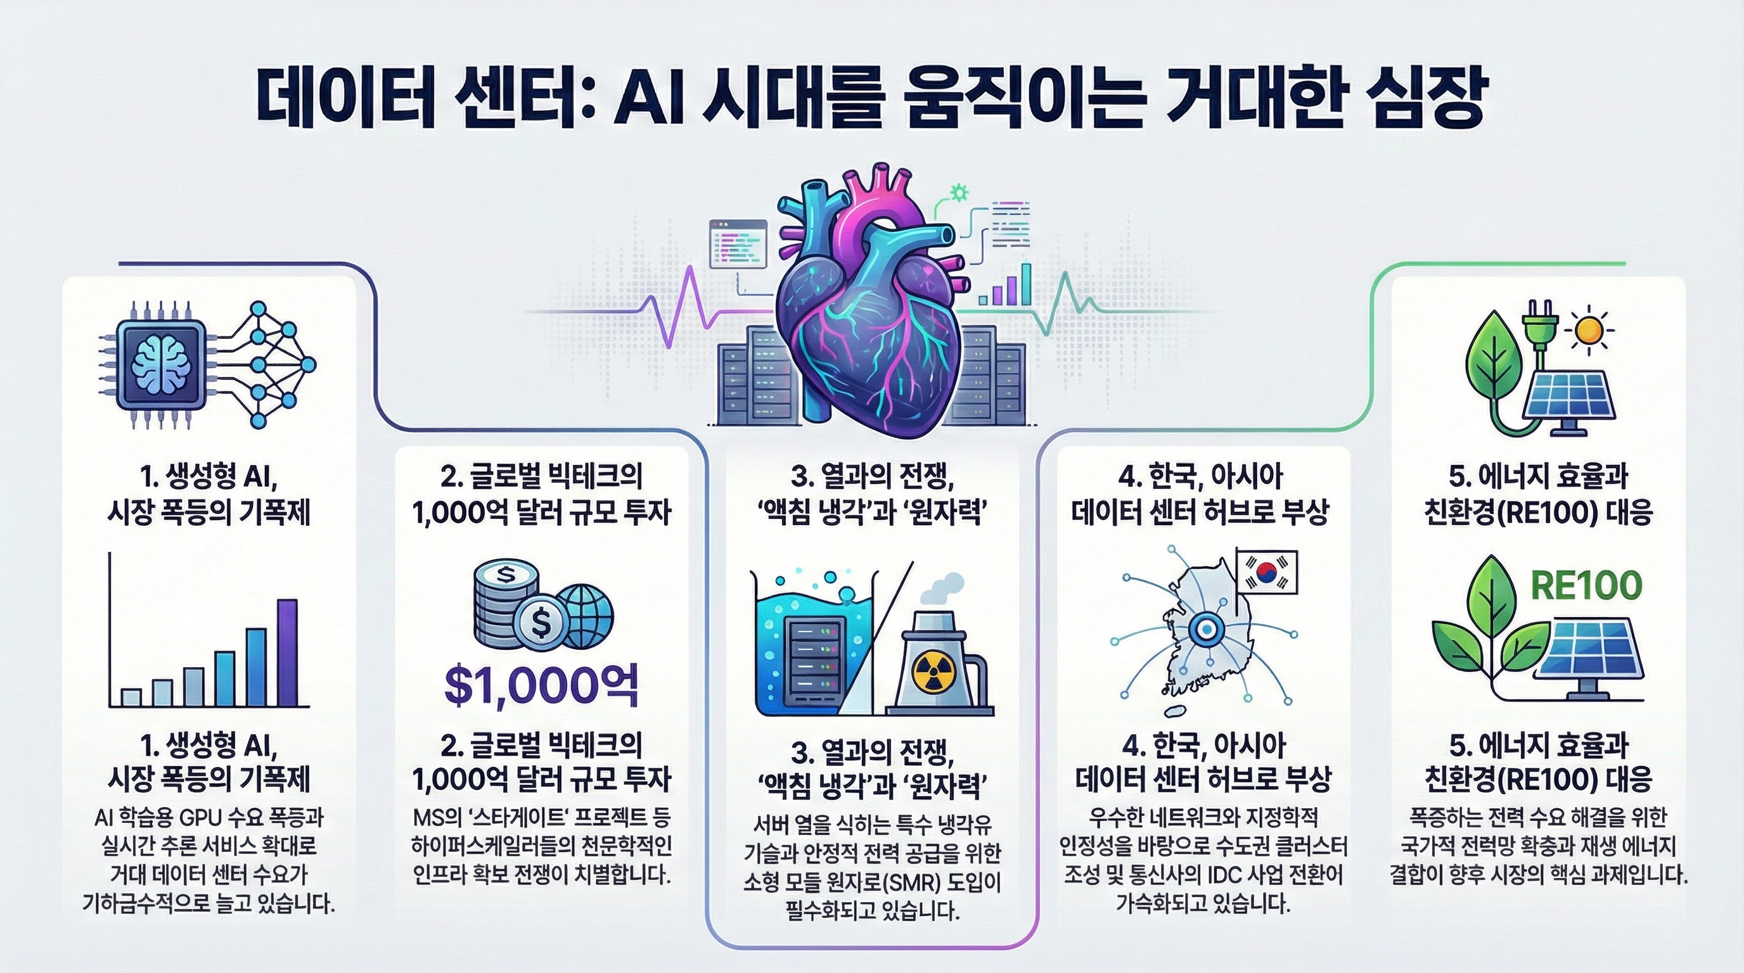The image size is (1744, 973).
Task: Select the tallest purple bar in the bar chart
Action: point(287,652)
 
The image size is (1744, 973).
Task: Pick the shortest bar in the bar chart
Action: point(131,696)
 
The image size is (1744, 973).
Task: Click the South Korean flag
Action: point(1267,572)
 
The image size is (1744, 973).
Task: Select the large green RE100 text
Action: point(1586,586)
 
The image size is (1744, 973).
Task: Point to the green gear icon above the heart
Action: point(959,193)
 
